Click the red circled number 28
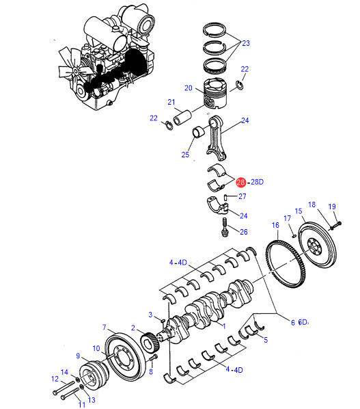(x=240, y=182)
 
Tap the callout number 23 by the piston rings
(x=246, y=43)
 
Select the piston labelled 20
(x=215, y=93)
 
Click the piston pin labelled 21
(x=182, y=118)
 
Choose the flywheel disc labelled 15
(x=317, y=248)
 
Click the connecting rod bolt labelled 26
(x=225, y=228)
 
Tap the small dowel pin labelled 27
(x=226, y=198)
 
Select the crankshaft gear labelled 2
(x=150, y=342)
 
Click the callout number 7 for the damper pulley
(x=105, y=327)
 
